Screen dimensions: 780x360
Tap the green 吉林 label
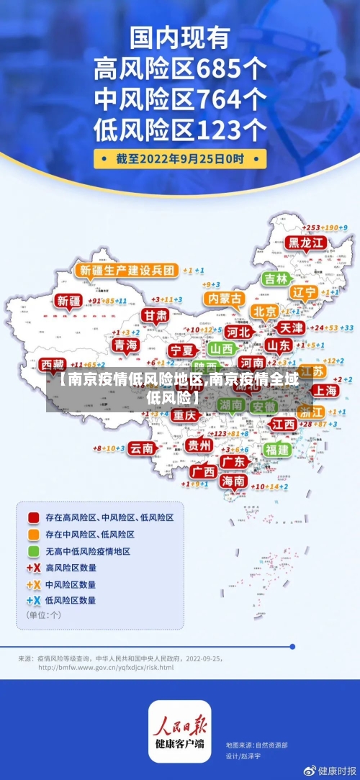click(276, 278)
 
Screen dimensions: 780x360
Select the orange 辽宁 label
click(304, 292)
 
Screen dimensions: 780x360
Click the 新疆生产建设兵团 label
click(126, 270)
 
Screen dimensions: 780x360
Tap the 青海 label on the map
click(125, 345)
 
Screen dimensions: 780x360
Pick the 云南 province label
click(142, 448)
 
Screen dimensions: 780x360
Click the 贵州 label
click(199, 445)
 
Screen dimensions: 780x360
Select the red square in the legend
click(33, 517)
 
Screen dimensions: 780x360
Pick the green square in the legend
click(33, 551)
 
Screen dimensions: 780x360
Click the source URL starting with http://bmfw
click(105, 667)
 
